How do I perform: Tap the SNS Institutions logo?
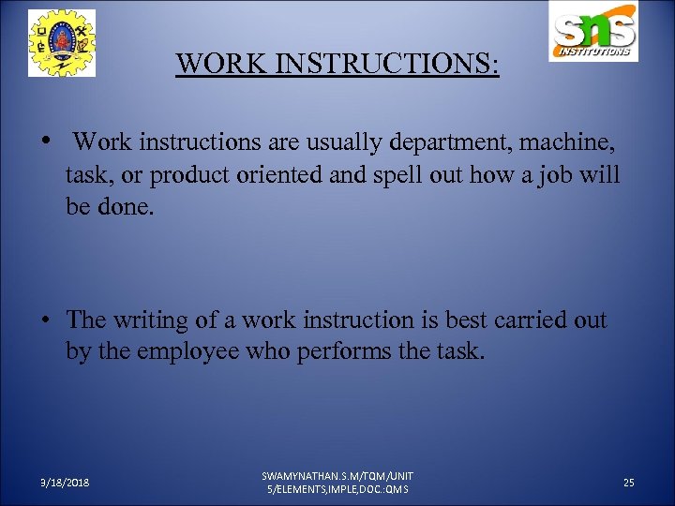pos(594,33)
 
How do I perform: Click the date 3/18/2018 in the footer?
pos(65,483)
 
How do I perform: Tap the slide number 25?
pos(628,483)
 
